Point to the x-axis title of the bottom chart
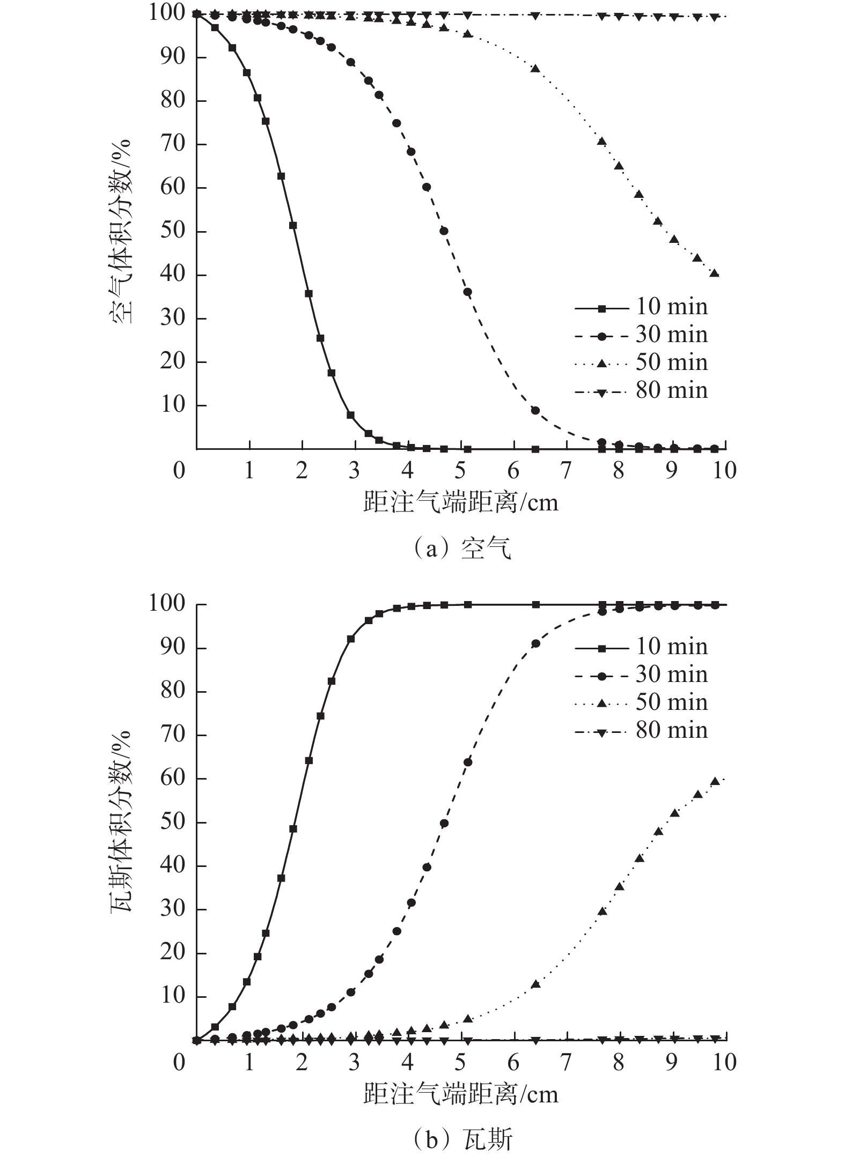461,1093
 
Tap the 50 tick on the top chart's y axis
173,232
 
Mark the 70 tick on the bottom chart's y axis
173,735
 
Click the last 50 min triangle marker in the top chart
714,273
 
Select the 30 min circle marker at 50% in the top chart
444,231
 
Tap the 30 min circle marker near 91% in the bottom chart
535,643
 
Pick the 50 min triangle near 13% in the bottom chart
535,984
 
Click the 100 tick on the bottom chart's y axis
167,604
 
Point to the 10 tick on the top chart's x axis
725,471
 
